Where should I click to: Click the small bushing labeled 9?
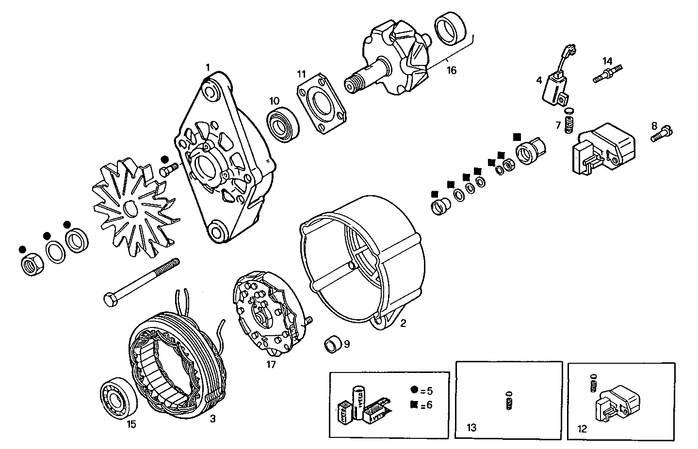tap(332, 344)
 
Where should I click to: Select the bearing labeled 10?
tap(283, 124)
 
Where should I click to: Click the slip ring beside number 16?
tap(450, 29)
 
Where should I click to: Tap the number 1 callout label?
tap(208, 67)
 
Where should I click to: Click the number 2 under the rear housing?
tap(403, 324)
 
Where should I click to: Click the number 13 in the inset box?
tap(471, 427)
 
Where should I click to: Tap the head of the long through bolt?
tap(109, 299)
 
